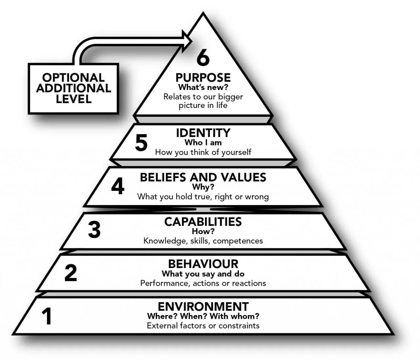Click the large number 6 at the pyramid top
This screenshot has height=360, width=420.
click(x=203, y=58)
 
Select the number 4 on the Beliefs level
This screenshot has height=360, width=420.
click(x=117, y=187)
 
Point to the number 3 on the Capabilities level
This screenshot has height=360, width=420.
click(x=94, y=230)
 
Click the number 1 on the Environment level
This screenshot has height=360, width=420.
click(x=47, y=316)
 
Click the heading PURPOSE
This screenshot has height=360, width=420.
click(x=203, y=78)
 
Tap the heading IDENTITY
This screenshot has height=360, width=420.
click(x=203, y=133)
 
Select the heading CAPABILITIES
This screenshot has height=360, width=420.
click(x=203, y=222)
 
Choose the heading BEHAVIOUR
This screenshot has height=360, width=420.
click(x=203, y=264)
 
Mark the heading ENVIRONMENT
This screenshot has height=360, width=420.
click(x=203, y=306)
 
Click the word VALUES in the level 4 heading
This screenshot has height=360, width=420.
click(x=243, y=177)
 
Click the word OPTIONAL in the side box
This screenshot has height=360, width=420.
click(x=73, y=78)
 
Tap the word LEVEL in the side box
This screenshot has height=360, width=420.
click(x=73, y=99)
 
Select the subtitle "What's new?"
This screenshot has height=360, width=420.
click(x=203, y=87)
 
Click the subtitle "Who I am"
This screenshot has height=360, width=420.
click(x=203, y=143)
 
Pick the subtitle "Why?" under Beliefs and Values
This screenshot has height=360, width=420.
click(x=203, y=187)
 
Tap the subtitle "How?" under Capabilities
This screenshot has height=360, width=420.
click(x=203, y=231)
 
